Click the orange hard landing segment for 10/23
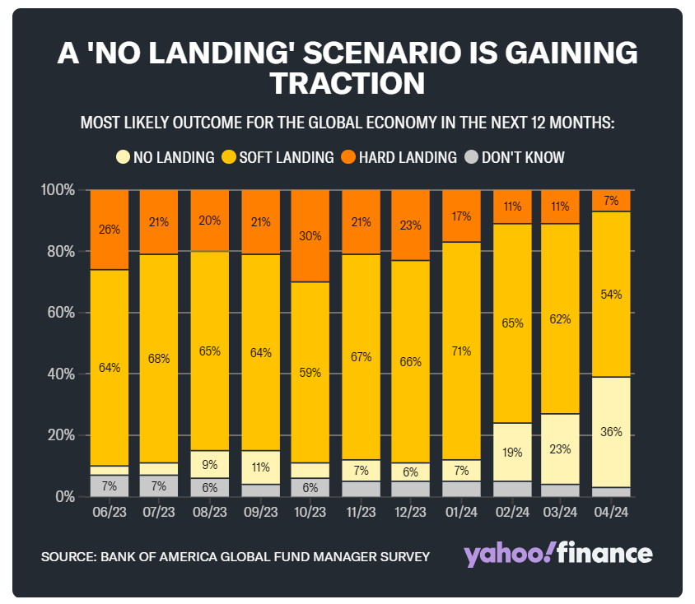point(311,236)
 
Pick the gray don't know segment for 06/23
point(110,486)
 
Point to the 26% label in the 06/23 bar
point(110,230)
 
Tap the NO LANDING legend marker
point(123,157)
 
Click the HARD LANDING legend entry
point(409,157)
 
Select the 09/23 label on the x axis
point(260,512)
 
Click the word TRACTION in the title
point(347,84)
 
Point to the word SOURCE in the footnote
point(66,556)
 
